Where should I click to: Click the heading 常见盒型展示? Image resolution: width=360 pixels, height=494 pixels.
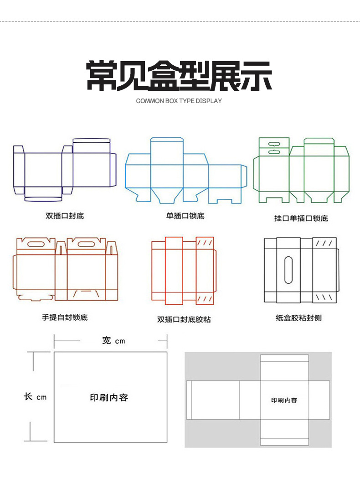[179, 76]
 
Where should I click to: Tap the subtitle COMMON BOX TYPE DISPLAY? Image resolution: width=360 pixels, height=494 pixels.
[179, 101]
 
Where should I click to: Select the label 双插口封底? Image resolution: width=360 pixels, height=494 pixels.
[65, 216]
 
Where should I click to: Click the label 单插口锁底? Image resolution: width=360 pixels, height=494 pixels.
[185, 216]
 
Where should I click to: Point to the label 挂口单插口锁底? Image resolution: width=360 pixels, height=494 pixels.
[301, 218]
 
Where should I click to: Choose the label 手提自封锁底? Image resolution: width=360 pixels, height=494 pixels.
[65, 317]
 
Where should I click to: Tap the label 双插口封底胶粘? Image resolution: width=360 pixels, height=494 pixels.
[184, 319]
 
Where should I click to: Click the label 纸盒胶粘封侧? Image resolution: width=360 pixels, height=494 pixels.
[298, 317]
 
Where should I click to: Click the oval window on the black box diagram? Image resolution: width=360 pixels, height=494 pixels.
[288, 270]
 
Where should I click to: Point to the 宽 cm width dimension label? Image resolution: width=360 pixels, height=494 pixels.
[113, 340]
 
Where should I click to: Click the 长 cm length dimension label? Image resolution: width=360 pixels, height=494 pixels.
[35, 396]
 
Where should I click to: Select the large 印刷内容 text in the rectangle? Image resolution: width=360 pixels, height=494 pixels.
[109, 397]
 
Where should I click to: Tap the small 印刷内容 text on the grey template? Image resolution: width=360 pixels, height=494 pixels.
[284, 400]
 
